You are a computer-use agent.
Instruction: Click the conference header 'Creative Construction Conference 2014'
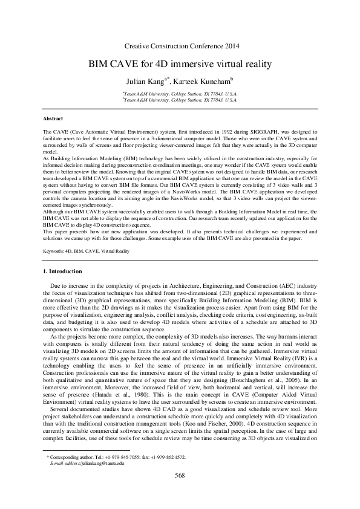click(x=181, y=46)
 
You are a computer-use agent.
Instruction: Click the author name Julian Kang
click(x=144, y=80)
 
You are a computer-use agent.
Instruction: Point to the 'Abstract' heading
click(x=53, y=118)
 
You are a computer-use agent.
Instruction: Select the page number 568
click(x=180, y=493)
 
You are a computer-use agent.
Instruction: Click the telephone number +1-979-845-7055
click(x=119, y=474)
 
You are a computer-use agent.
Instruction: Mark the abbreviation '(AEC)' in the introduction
click(x=270, y=284)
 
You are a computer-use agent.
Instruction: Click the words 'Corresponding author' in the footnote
click(x=76, y=474)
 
